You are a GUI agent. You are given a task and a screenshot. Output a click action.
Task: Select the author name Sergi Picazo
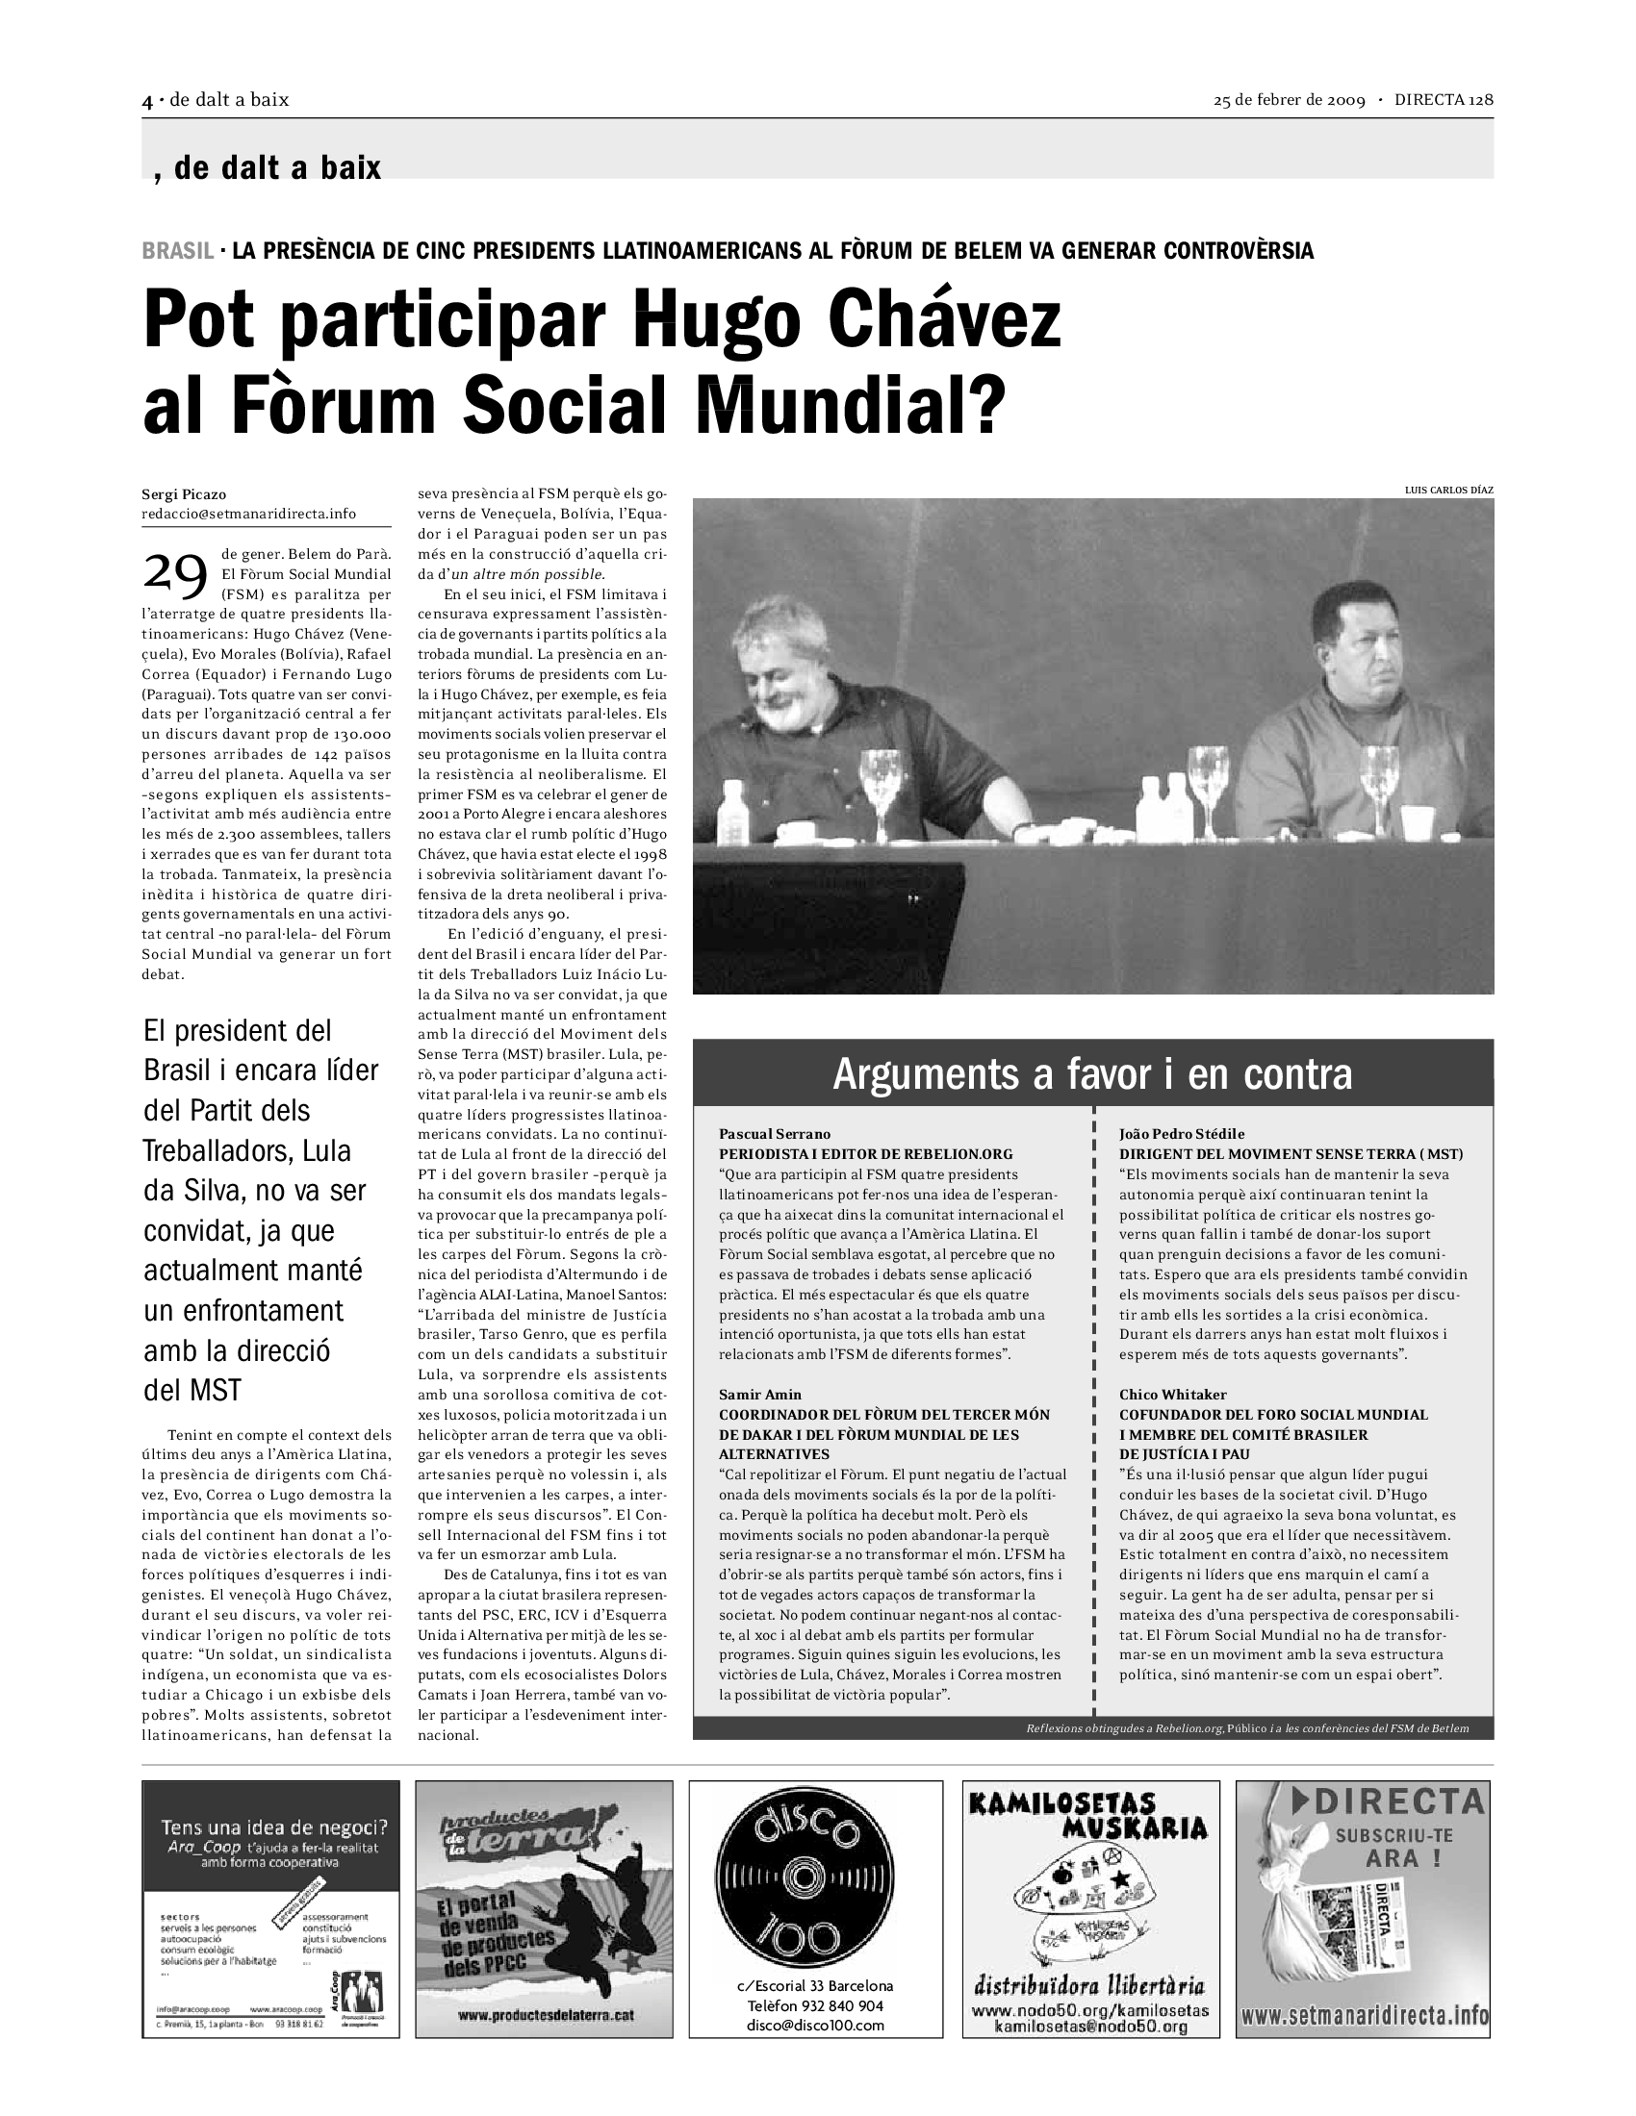click(x=184, y=494)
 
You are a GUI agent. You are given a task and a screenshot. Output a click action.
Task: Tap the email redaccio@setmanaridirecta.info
click(x=249, y=514)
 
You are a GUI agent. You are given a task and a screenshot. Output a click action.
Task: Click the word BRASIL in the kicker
click(x=177, y=251)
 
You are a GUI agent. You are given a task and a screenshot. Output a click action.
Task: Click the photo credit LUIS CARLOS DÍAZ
click(x=1448, y=491)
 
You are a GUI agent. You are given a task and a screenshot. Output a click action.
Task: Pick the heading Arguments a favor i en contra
click(x=1092, y=1073)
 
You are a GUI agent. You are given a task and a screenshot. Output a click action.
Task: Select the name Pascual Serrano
click(x=775, y=1134)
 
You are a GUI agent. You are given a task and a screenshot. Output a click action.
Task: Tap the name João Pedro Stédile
click(x=1182, y=1134)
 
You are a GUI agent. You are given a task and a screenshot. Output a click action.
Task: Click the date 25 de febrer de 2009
click(x=1289, y=100)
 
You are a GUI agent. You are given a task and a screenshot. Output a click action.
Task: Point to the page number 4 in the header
click(x=147, y=100)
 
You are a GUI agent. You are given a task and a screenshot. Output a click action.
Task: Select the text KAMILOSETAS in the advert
click(x=1061, y=1803)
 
